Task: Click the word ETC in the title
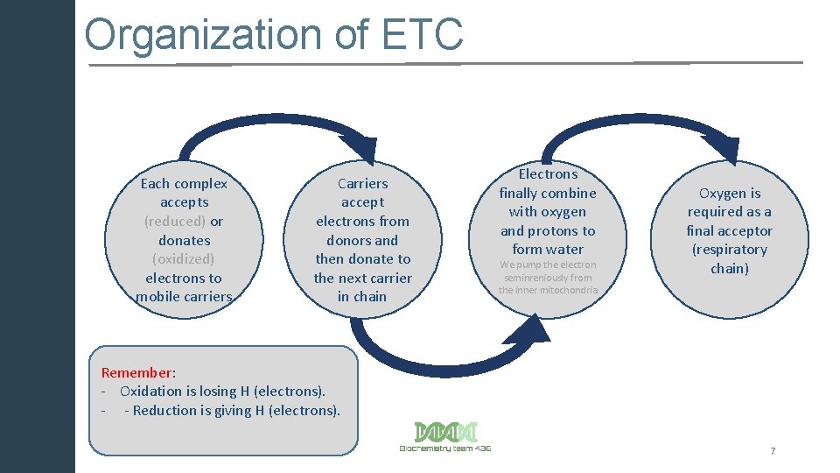click(x=423, y=36)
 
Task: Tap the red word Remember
click(x=136, y=372)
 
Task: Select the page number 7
click(x=773, y=450)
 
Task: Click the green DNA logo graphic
click(x=445, y=432)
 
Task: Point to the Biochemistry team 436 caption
click(x=445, y=448)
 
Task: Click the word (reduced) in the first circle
click(x=175, y=221)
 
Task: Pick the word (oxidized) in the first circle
click(x=183, y=258)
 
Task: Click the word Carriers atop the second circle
click(x=362, y=183)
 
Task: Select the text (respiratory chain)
click(x=729, y=258)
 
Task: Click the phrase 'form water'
click(x=548, y=250)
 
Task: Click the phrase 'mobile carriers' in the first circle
click(x=184, y=296)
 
